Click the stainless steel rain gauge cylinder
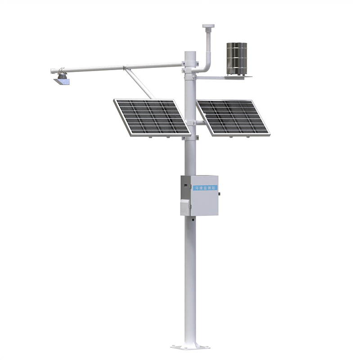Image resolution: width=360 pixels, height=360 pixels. pyautogui.click(x=236, y=58)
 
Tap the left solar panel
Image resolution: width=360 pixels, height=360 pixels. pyautogui.click(x=151, y=117)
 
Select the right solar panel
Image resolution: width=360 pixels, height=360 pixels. pyautogui.click(x=233, y=117)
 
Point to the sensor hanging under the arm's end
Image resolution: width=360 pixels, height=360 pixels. pyautogui.click(x=62, y=81)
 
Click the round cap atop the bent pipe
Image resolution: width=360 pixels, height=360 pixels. pyautogui.click(x=208, y=27)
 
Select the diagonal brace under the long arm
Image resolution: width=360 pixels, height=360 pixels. pyautogui.click(x=140, y=83)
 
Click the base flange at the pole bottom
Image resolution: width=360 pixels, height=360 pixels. pyautogui.click(x=190, y=346)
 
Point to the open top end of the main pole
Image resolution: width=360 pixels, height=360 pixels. pyautogui.click(x=191, y=53)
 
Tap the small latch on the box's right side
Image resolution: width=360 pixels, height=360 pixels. pyautogui.click(x=219, y=194)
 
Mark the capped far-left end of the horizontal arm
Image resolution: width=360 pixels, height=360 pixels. pyautogui.click(x=52, y=71)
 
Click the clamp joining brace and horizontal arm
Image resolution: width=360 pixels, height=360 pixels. pyautogui.click(x=126, y=68)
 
